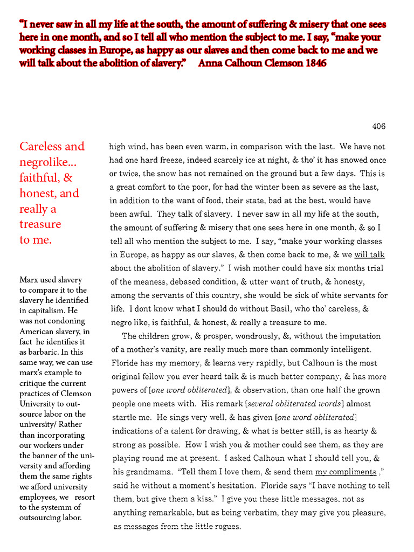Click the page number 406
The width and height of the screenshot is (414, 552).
pos(379,127)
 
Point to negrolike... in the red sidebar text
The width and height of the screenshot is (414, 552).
pos(47,162)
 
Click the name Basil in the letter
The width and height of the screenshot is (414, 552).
pos(275,309)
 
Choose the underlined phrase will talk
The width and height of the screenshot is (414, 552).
pos(369,254)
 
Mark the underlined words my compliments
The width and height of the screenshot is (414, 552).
pos(346,472)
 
